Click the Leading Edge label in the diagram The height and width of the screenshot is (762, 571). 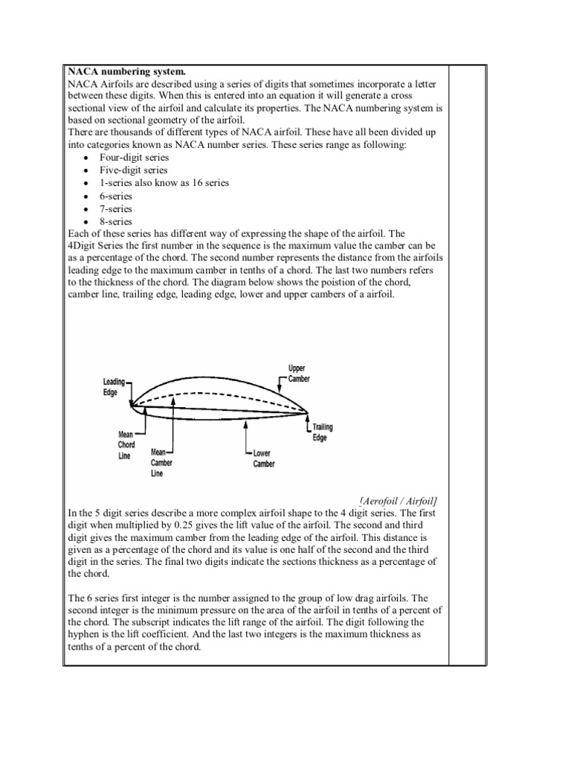[113, 386]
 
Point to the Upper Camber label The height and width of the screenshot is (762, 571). [297, 374]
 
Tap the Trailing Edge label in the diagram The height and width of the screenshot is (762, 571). [322, 432]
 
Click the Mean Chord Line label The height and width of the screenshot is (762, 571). [126, 445]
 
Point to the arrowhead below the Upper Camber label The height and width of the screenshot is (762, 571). [280, 389]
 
